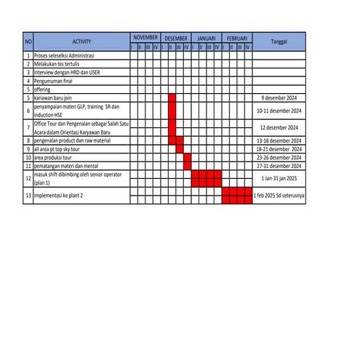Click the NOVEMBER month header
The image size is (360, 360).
coord(145,37)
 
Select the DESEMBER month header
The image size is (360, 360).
coord(176,37)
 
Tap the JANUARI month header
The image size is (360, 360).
coord(207,37)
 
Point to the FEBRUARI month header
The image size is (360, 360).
coord(237,37)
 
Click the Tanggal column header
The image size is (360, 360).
coord(279,41)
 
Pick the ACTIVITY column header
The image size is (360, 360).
coord(81,41)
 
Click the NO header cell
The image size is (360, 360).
coord(28,41)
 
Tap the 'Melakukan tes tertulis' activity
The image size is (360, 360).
coord(57,64)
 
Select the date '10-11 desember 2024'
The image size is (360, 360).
coord(279,111)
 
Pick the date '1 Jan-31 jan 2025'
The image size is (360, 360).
coord(279,178)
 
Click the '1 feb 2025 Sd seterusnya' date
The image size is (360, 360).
coord(279,196)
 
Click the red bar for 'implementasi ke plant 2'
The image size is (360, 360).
coord(237,196)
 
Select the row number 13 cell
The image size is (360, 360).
coord(28,196)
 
